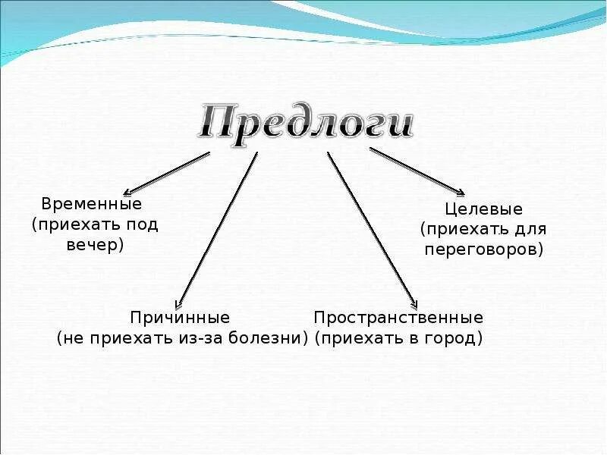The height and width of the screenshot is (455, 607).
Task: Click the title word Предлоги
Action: [x=307, y=122]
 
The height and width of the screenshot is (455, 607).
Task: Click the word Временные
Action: [x=92, y=205]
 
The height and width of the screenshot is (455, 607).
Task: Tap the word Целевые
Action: [x=483, y=209]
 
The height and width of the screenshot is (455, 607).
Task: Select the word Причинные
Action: [x=180, y=317]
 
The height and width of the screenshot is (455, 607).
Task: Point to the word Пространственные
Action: [x=398, y=317]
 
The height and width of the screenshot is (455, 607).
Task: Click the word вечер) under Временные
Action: [x=95, y=246]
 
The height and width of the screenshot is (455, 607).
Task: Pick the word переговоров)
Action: [x=484, y=249]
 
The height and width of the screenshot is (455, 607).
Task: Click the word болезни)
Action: [x=272, y=338]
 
